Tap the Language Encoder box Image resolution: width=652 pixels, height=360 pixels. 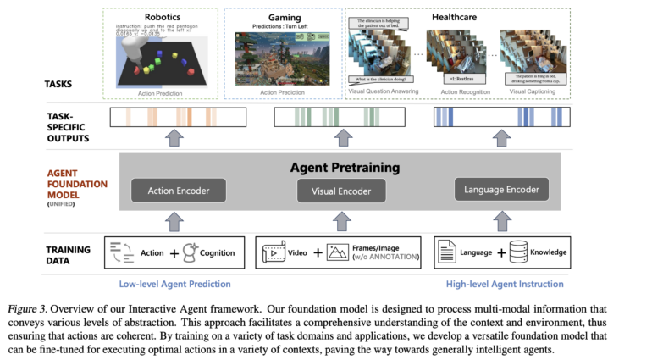click(502, 189)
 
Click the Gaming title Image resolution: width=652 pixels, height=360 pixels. click(285, 17)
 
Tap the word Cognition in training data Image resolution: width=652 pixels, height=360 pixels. click(218, 252)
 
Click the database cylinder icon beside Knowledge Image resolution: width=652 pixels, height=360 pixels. click(517, 252)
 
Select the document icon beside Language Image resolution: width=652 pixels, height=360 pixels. click(446, 252)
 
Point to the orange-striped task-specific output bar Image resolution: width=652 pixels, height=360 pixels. click(174, 116)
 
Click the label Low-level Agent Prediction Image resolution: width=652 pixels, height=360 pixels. click(174, 284)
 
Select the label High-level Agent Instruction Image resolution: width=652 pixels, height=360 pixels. click(505, 284)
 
